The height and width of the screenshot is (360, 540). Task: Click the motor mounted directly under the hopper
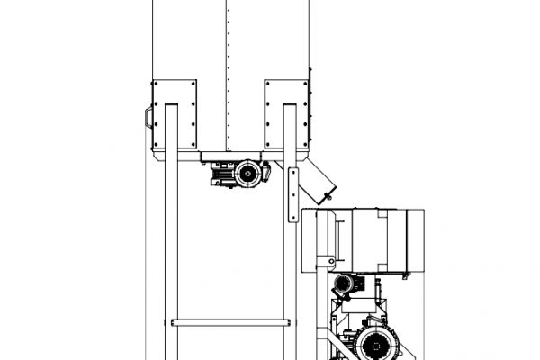239,172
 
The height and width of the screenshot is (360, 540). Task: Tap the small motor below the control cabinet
344,285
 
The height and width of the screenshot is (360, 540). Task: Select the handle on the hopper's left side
148,116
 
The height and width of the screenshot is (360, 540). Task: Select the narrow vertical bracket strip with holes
291,193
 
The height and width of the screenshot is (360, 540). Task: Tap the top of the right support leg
289,108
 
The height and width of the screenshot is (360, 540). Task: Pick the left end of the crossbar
174,320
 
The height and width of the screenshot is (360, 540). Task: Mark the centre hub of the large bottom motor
371,344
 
